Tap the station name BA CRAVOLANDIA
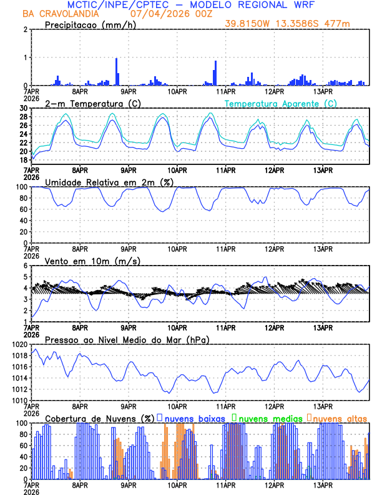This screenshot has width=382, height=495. pyautogui.click(x=56, y=14)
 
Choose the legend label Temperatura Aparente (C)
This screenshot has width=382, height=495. pyautogui.click(x=280, y=103)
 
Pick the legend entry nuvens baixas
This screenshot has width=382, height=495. pyautogui.click(x=193, y=417)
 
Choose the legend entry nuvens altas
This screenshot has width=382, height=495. pyautogui.click(x=340, y=417)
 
